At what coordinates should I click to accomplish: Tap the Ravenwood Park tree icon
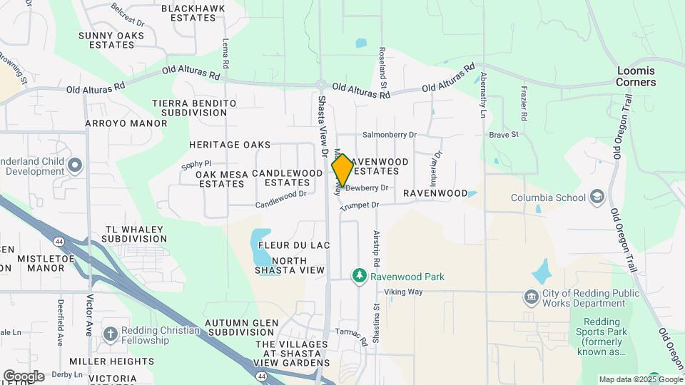pos(361,276)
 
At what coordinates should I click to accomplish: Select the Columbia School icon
pos(597,197)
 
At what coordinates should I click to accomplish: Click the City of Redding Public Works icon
pos(530,297)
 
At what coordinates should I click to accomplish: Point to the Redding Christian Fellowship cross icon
pos(110,334)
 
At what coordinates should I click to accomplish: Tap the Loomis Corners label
pos(636,77)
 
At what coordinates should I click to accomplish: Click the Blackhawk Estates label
pos(193,14)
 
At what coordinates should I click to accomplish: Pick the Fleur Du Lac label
pos(294,245)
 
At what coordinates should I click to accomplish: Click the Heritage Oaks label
pos(230,145)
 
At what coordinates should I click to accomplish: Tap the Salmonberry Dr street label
pos(389,134)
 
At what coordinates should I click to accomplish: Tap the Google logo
pos(23,376)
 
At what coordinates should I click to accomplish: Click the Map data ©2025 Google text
pos(641,379)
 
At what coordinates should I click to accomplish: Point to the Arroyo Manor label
pos(116,123)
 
